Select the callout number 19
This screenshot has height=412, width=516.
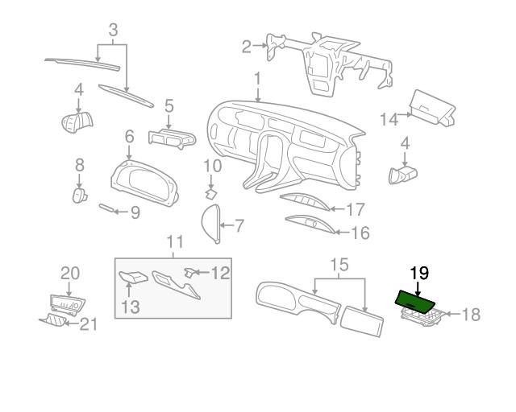coord(419,274)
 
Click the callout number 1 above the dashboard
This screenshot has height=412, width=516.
coord(256,81)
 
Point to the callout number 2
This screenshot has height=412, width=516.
coord(246,47)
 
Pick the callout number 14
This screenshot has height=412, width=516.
coord(389,119)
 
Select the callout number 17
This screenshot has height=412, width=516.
coord(356,210)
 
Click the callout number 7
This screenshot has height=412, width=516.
coord(239,225)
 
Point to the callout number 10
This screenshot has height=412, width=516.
coord(211,167)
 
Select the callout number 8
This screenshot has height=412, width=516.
coord(79,165)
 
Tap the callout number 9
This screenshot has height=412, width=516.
coord(135,213)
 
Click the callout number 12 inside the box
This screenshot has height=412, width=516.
coord(221,273)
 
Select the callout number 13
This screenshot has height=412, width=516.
coord(130,307)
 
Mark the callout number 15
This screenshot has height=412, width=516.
coord(339,264)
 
